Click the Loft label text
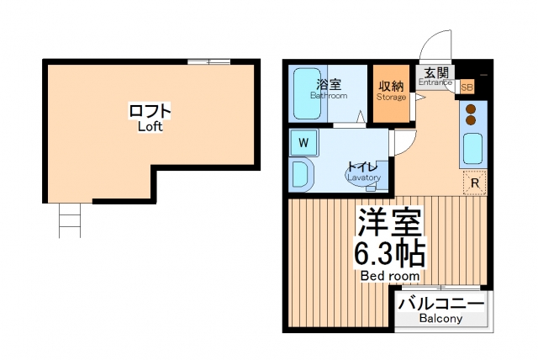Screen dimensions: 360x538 [150, 117]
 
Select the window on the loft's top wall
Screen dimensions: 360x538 [208, 61]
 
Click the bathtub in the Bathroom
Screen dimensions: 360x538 [312, 93]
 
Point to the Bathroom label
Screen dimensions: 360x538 [329, 90]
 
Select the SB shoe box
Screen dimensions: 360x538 [467, 87]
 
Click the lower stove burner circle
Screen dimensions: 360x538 [472, 120]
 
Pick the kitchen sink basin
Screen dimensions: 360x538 [472, 149]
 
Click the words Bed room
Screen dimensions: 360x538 [390, 276]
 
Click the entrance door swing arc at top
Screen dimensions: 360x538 [435, 42]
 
